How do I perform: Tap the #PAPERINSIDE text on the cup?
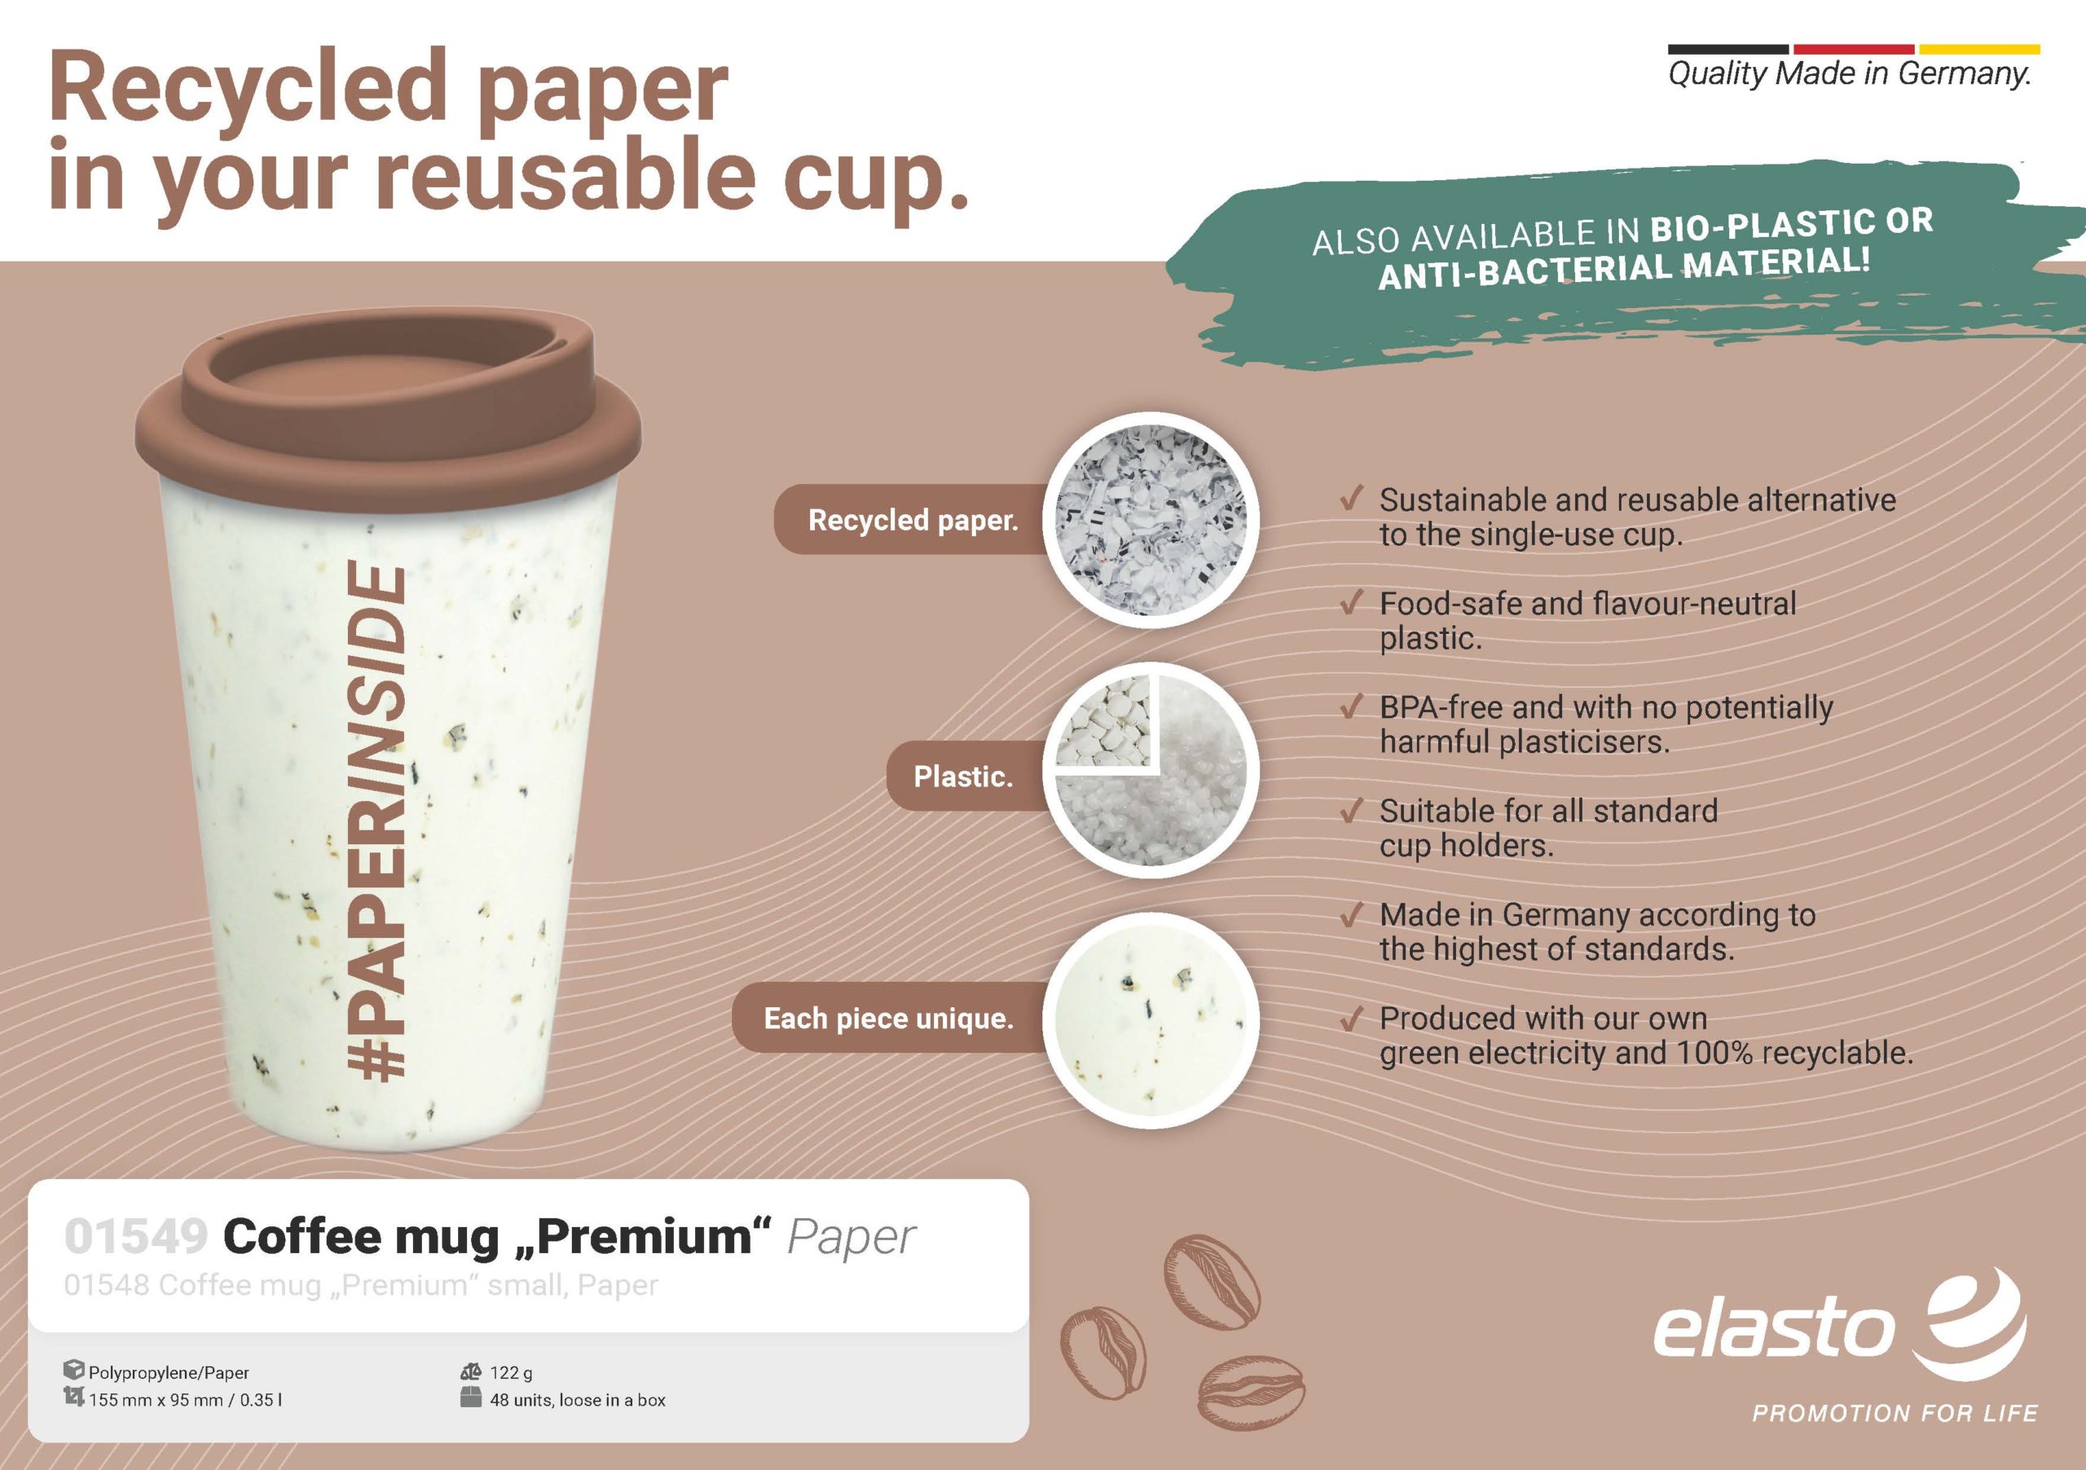click(x=377, y=822)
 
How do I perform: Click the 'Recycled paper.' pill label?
click(x=913, y=520)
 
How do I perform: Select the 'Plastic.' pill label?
click(x=963, y=776)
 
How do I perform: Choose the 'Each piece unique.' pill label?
click(x=888, y=1018)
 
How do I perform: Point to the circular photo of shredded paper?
click(x=1151, y=520)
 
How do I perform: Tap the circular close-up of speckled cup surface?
click(x=1151, y=1019)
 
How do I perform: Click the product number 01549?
click(x=136, y=1235)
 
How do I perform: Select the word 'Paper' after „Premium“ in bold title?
click(x=852, y=1238)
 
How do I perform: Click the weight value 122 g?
click(x=512, y=1373)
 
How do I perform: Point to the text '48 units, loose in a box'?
click(x=578, y=1400)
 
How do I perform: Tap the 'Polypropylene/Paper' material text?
click(x=169, y=1373)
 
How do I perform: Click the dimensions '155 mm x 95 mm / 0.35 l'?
click(x=185, y=1400)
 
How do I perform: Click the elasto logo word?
click(x=1773, y=1330)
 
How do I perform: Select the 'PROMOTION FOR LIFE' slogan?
click(x=1895, y=1414)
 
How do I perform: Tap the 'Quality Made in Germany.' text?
click(x=1850, y=73)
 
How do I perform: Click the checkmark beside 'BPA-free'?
click(x=1352, y=706)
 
